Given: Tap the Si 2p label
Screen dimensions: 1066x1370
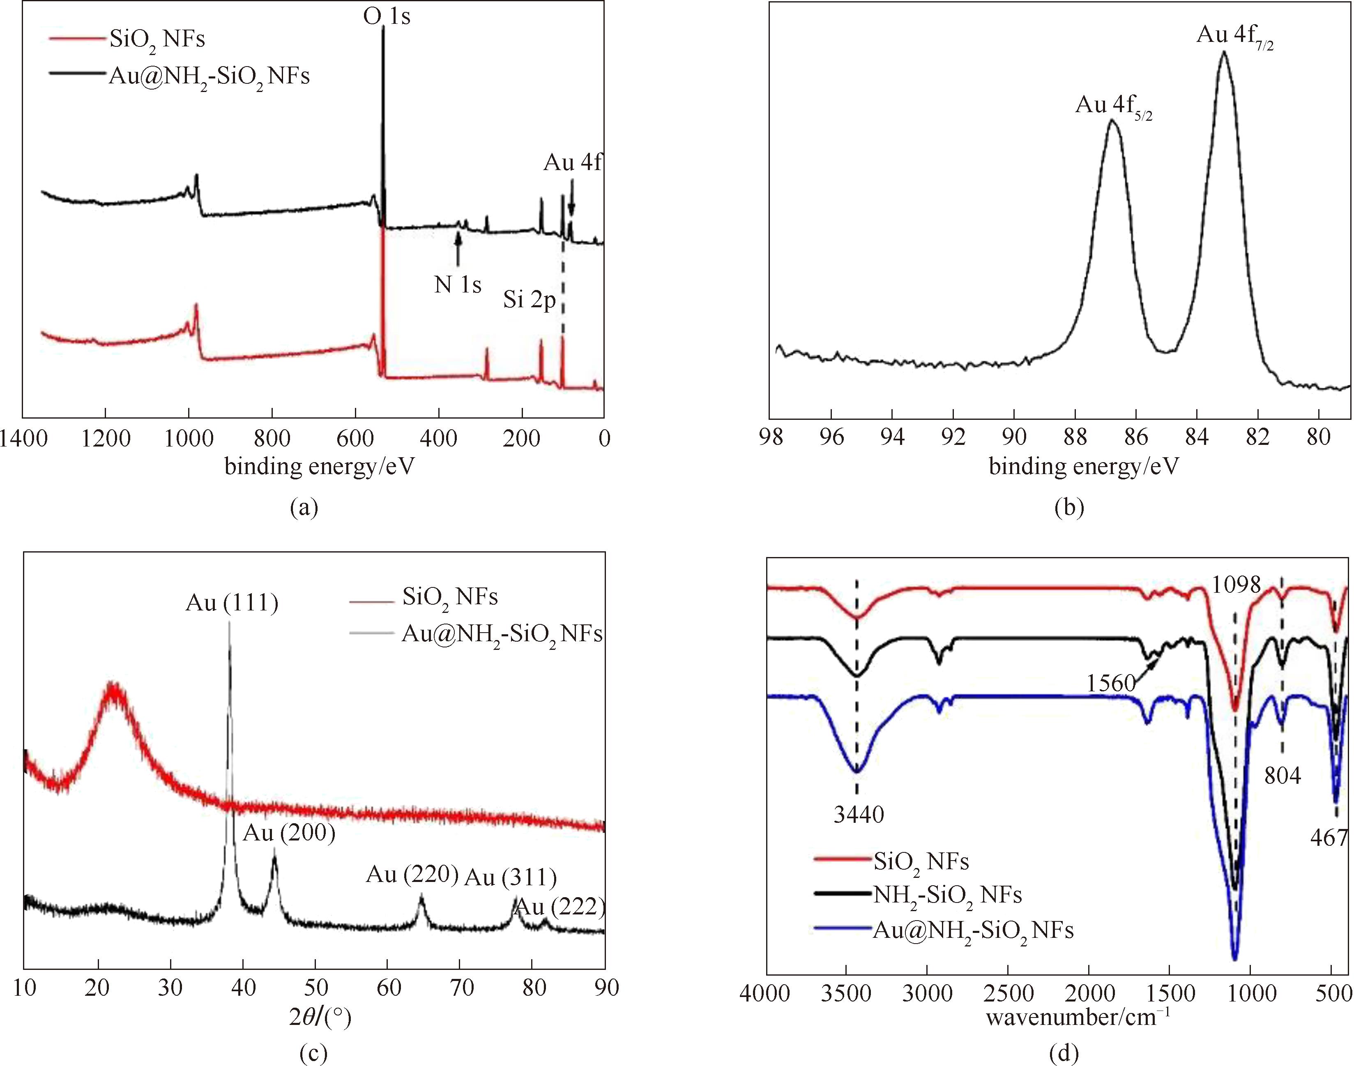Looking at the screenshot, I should (x=530, y=301).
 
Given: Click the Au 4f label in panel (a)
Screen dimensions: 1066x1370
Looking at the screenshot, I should (x=572, y=163).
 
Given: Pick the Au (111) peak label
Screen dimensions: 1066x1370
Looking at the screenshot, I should (x=232, y=603).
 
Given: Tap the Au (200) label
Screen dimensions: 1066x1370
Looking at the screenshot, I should (x=289, y=833).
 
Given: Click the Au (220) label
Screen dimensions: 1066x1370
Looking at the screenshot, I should (x=412, y=875).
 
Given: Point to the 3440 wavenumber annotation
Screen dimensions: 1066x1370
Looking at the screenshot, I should (x=858, y=815).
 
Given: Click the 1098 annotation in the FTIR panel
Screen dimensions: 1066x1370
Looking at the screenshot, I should (x=1236, y=585).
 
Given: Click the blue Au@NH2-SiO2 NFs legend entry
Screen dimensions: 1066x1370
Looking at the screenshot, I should (x=972, y=930).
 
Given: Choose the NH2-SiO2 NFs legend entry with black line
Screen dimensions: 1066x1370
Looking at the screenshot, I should (x=947, y=896).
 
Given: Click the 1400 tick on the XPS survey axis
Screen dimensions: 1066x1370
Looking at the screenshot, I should (x=23, y=439).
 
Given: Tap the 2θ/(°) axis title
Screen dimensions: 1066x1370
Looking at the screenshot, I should (x=320, y=1017).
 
